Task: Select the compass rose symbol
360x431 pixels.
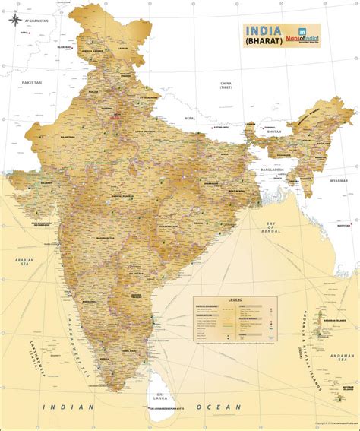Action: (x=15, y=21)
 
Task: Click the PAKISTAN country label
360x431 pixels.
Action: (x=32, y=81)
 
